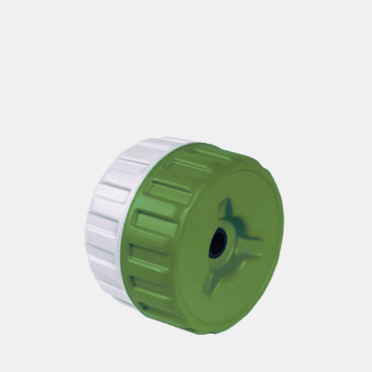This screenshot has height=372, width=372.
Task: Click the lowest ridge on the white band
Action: click(x=120, y=289)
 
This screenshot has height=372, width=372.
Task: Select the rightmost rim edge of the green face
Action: click(x=284, y=231)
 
